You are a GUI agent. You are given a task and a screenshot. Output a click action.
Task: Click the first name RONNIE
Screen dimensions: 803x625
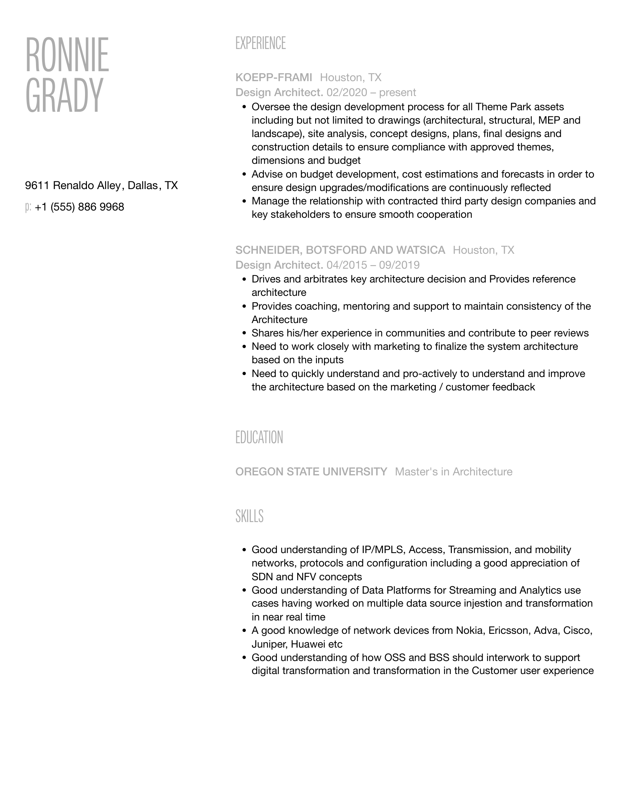coord(67,55)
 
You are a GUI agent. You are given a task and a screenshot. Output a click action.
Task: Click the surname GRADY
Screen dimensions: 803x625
coord(64,95)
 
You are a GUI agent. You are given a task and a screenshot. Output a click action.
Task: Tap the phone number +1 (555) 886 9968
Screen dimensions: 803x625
coord(79,207)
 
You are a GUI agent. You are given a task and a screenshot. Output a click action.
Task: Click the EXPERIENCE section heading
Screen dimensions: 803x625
coord(260,43)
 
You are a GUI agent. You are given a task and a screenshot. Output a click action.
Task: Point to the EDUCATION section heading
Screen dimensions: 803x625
coord(259,437)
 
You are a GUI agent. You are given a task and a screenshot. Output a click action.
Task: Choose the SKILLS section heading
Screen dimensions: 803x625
coord(249,516)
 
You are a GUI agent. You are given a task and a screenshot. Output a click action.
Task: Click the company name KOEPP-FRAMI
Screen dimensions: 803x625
coord(274,78)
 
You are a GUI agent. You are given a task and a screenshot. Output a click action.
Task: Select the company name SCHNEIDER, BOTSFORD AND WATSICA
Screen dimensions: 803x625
coord(340,250)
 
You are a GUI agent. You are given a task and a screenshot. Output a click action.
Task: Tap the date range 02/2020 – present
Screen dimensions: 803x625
coord(371,93)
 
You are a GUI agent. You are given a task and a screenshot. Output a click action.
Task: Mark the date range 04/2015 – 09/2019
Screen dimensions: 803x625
coord(373,265)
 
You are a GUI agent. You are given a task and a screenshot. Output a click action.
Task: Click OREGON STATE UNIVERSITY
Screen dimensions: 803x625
coord(311,472)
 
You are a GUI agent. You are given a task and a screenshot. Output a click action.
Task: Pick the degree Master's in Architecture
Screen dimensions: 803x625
coord(453,472)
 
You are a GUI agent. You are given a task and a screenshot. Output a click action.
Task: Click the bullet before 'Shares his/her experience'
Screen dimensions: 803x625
coord(244,333)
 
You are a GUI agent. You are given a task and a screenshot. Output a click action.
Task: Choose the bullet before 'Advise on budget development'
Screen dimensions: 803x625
coord(244,174)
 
